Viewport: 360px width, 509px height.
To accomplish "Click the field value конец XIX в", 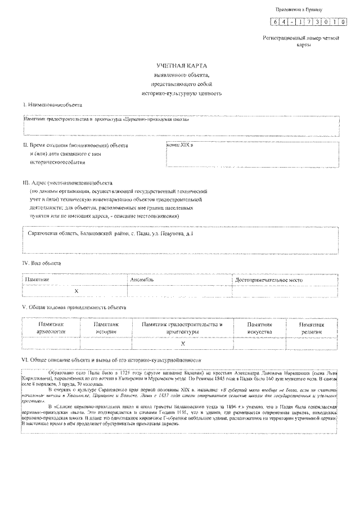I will pyautogui.click(x=181, y=145).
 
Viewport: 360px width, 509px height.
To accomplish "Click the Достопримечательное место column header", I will pyautogui.click(x=269, y=280).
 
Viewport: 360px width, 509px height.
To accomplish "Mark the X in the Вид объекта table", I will pyautogui.click(x=76, y=290).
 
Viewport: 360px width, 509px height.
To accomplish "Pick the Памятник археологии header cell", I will pyautogui.click(x=51, y=328).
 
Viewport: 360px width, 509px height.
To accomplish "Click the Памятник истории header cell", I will pyautogui.click(x=105, y=328).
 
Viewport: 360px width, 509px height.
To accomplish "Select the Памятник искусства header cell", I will pyautogui.click(x=259, y=328).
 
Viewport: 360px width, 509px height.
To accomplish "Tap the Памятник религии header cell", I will pyautogui.click(x=312, y=328).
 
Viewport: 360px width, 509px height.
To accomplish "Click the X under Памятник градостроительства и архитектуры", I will pyautogui.click(x=183, y=343).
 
